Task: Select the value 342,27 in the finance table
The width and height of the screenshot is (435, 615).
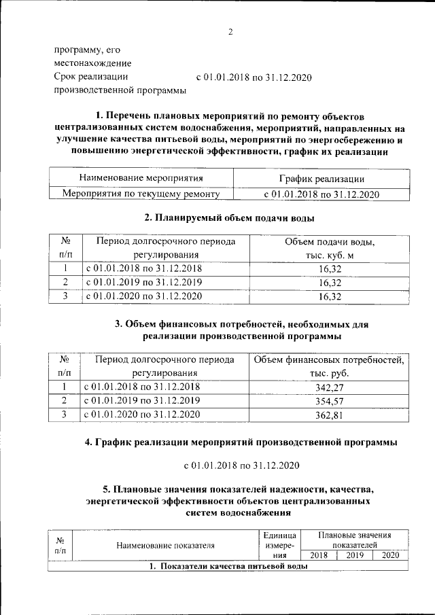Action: click(329, 387)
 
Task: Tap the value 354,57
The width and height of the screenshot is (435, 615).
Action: click(329, 400)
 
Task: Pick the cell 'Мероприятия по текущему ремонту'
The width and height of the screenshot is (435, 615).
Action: click(141, 194)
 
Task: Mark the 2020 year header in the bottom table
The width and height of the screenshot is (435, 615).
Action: click(390, 555)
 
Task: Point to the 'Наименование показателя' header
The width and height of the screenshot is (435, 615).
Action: click(165, 544)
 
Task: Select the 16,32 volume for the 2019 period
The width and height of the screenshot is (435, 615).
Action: click(329, 282)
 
